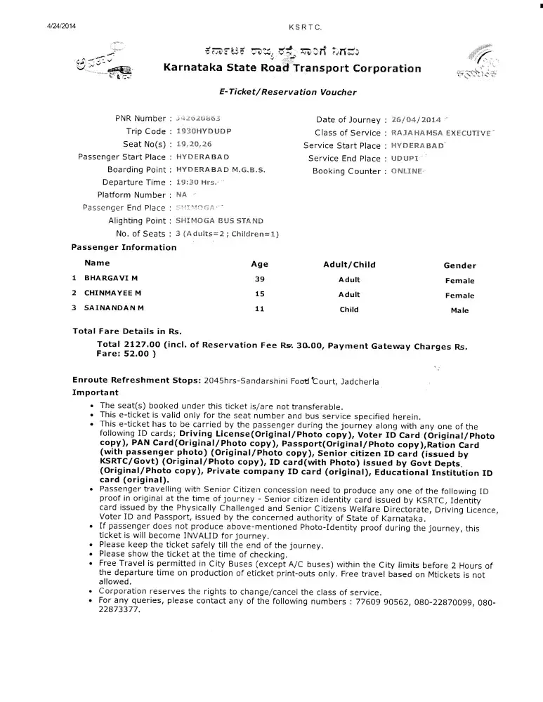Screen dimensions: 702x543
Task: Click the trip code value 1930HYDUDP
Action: point(204,132)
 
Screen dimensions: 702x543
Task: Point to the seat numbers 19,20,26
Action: point(195,145)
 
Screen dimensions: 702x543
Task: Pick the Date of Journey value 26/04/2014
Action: point(416,119)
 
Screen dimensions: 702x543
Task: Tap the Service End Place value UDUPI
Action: point(405,159)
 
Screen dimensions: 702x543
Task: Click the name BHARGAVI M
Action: point(112,279)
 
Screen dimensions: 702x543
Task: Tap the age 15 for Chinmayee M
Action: point(259,294)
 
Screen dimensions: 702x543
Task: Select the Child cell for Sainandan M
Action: point(349,310)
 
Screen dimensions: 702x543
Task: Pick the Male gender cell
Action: point(459,310)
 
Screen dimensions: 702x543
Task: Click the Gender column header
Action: point(459,266)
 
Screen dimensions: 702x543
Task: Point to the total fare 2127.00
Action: point(142,345)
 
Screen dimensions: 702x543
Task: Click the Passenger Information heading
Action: point(124,247)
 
